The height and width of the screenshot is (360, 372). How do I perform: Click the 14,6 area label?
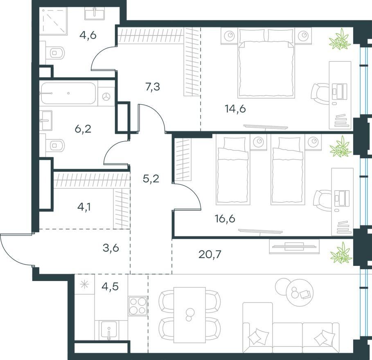coord(235,109)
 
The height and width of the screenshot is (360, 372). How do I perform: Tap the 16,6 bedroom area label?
coord(225,218)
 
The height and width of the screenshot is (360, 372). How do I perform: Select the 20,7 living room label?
coord(210,255)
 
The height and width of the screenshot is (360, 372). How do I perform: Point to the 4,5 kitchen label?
coord(110,287)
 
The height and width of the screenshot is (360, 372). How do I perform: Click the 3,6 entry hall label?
coord(111,249)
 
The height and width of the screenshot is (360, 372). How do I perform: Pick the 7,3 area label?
coord(153,87)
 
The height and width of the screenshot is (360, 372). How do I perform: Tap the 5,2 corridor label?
coord(151,179)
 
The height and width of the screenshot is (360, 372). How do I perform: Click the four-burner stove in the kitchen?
coord(138,306)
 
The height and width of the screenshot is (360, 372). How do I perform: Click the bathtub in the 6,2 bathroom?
coord(68,93)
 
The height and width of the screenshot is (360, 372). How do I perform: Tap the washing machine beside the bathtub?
coord(106,96)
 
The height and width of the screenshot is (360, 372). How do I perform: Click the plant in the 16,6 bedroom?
coord(340,147)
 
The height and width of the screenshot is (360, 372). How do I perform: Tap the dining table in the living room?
coord(189,315)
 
